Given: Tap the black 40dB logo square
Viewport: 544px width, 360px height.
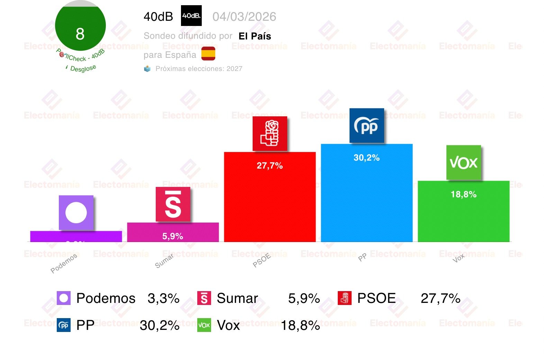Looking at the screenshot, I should click(191, 16).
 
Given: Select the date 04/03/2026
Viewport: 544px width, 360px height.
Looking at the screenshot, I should click(244, 17).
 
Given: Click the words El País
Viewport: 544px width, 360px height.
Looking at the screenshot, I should click(255, 36).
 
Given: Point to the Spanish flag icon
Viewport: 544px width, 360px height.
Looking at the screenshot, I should click(208, 54).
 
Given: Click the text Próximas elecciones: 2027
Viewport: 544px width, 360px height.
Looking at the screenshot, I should click(199, 69).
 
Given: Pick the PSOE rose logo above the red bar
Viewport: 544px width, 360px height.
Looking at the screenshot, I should click(270, 133).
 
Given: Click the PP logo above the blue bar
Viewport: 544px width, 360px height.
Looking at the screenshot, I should click(366, 126).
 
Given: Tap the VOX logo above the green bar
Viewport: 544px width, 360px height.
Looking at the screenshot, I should click(463, 162).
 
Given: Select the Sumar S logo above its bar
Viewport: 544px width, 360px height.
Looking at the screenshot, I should click(173, 204).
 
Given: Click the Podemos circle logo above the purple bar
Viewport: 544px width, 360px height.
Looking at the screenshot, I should click(76, 213).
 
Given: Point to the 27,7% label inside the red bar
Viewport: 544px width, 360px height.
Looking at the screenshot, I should click(270, 166).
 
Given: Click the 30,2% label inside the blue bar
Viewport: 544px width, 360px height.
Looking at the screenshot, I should click(366, 158).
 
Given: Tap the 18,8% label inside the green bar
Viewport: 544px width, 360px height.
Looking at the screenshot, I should click(463, 195).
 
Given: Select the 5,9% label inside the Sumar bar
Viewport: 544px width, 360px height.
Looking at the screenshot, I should click(173, 236).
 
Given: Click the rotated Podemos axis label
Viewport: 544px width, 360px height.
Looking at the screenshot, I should click(64, 264).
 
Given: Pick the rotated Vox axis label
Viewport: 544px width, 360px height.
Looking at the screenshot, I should click(459, 258).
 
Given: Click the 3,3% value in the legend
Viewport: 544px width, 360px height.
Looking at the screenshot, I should click(163, 298).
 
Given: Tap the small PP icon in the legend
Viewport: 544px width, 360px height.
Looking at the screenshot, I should click(64, 325).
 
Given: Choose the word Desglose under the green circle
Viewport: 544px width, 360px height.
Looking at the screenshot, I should click(83, 69).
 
